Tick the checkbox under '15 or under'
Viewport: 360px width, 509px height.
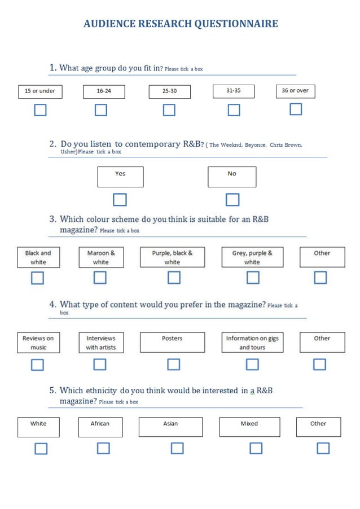(x=39, y=109)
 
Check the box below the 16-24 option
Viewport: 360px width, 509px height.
(x=100, y=109)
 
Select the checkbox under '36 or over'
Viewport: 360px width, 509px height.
(x=296, y=109)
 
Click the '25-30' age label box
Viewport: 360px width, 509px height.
(x=169, y=91)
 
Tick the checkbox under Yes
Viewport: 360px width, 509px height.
(x=120, y=200)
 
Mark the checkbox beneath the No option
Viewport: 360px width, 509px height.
(x=232, y=200)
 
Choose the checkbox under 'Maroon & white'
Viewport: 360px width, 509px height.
(x=100, y=278)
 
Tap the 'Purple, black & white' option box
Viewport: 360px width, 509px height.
(x=172, y=257)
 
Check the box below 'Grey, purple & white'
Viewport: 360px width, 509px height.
(x=253, y=278)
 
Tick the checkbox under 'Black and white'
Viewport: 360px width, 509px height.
(x=37, y=278)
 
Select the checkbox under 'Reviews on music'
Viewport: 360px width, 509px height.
(x=37, y=365)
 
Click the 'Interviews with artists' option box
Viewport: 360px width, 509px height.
(x=100, y=343)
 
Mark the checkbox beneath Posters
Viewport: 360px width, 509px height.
(x=174, y=365)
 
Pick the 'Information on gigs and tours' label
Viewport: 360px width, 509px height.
(x=252, y=343)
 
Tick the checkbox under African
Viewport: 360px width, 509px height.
(x=103, y=449)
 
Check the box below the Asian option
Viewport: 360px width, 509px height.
(x=177, y=449)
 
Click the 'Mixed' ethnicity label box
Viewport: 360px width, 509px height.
(x=249, y=427)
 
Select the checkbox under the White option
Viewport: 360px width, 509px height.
(x=41, y=449)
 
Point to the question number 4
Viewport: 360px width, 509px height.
(x=52, y=305)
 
